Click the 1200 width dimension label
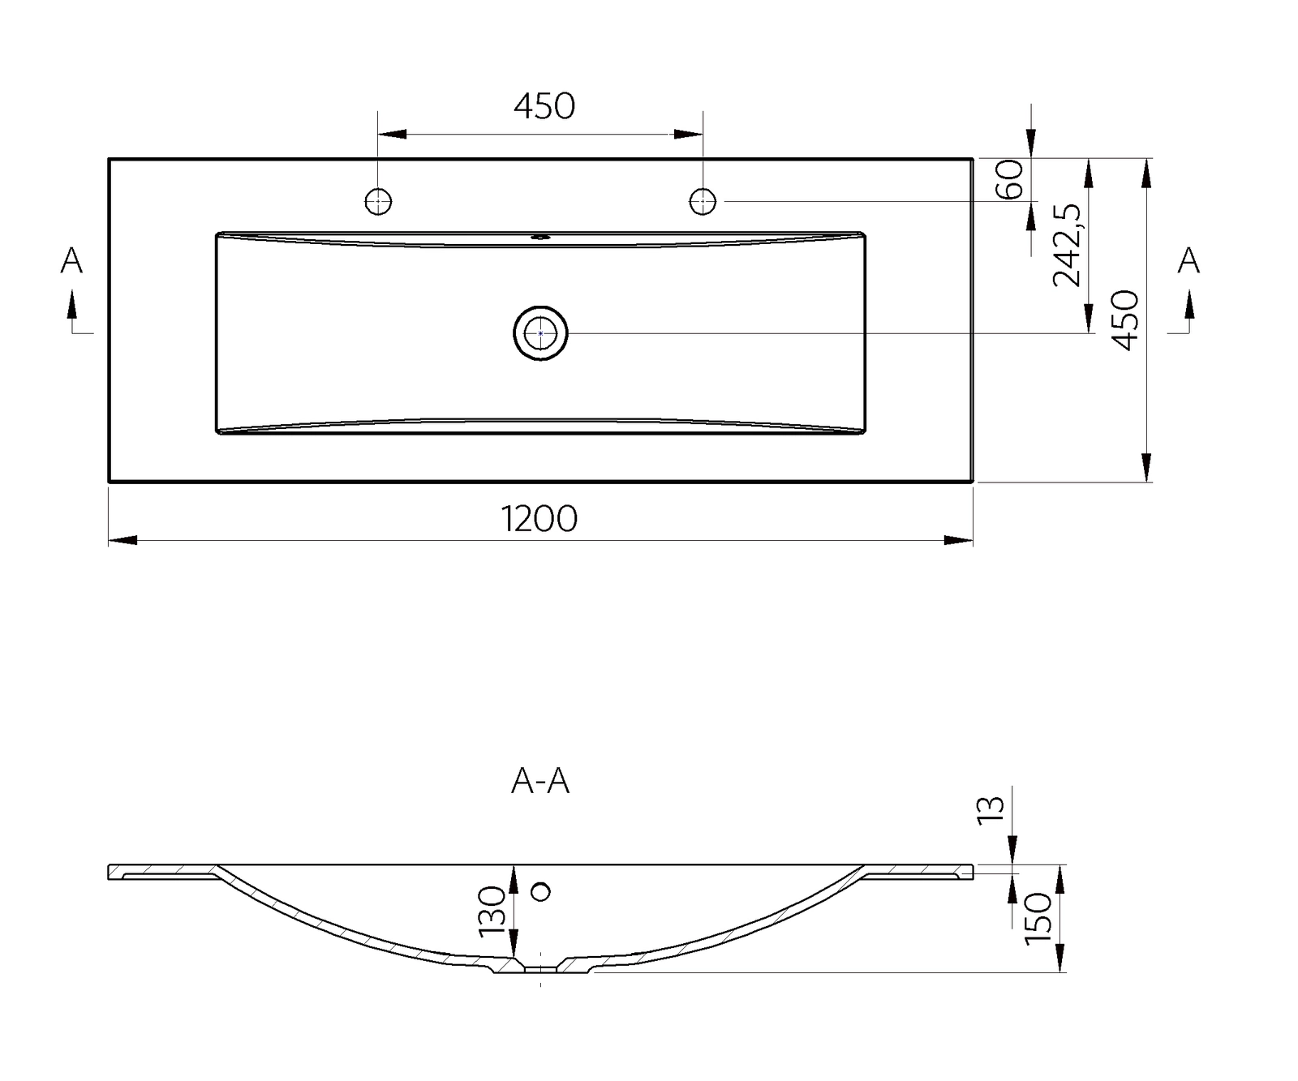(539, 519)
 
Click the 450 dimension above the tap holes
(544, 106)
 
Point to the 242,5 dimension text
(1066, 245)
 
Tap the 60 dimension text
(1009, 179)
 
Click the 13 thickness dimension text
(991, 810)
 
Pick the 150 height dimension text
(1038, 918)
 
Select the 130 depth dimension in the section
(492, 911)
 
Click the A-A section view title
(540, 781)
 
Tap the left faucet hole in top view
(379, 201)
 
